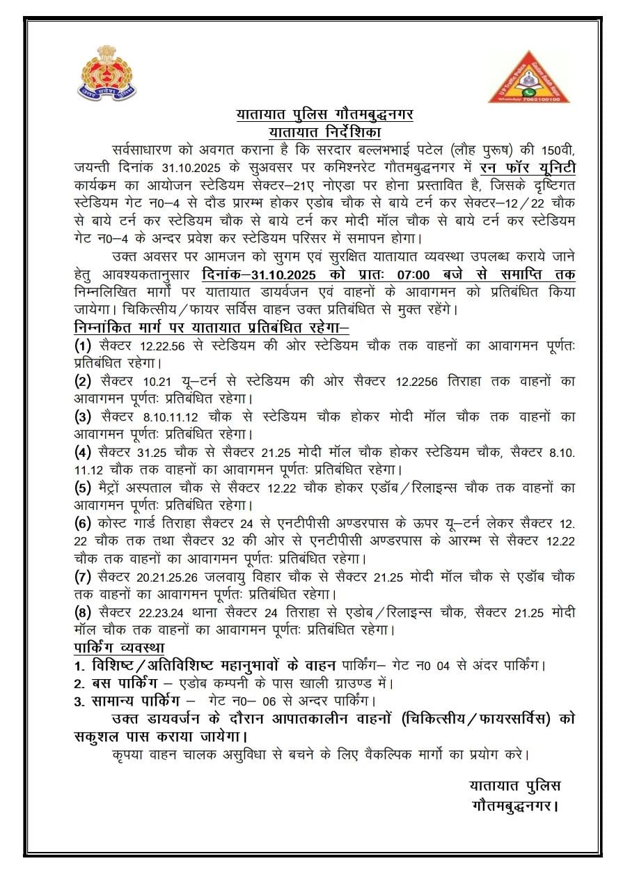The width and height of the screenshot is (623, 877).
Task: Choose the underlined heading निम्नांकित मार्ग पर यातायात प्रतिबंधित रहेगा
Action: coord(212,327)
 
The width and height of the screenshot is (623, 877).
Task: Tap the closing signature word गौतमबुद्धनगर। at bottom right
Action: coord(516,806)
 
